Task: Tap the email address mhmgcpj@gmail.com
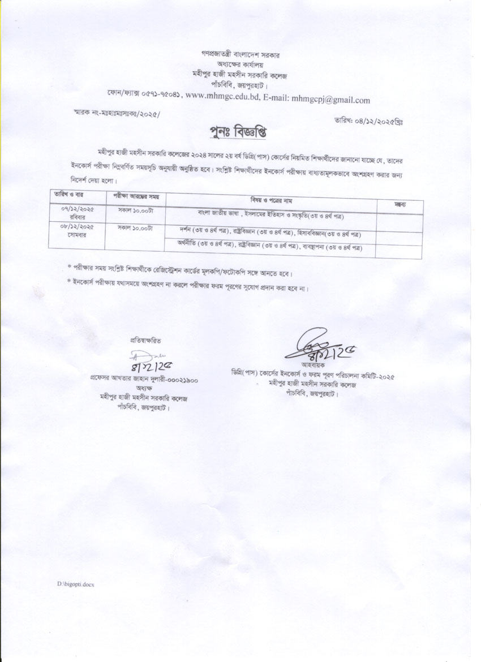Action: pyautogui.click(x=330, y=100)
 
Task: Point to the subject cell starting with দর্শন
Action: pyautogui.click(x=270, y=233)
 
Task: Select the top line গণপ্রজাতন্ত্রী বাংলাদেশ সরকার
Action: pyautogui.click(x=240, y=55)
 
